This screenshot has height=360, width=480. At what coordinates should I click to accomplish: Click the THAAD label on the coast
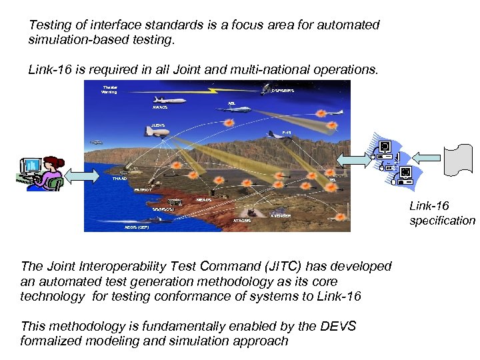pyautogui.click(x=119, y=179)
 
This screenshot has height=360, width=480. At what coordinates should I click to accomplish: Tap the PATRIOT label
pyautogui.click(x=142, y=190)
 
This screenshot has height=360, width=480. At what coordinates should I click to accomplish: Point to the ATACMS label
pyautogui.click(x=242, y=221)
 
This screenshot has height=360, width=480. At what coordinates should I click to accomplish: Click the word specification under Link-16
pyautogui.click(x=442, y=221)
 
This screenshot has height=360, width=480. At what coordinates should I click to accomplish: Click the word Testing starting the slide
pyautogui.click(x=51, y=25)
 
